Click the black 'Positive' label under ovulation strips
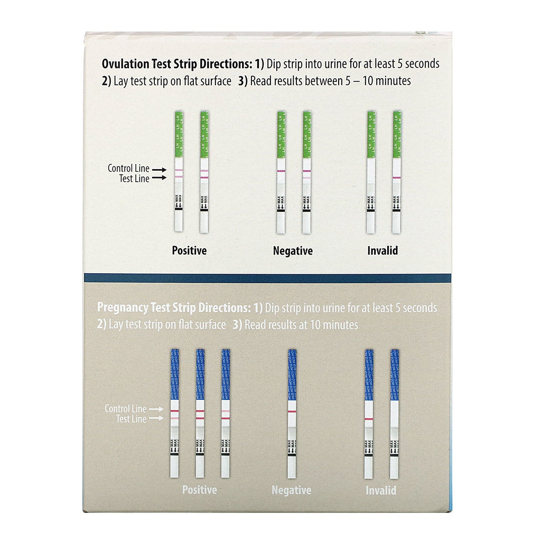[189, 250]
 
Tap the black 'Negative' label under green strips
[293, 250]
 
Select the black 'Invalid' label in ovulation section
[382, 250]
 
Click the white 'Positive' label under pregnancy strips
[199, 490]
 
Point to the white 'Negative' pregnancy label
[291, 490]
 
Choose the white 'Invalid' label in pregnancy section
[381, 490]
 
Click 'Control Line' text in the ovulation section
[128, 169]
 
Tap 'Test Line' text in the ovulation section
[134, 179]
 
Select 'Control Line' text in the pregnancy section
[125, 408]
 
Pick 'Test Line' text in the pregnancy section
[130, 419]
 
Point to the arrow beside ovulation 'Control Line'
[158, 169]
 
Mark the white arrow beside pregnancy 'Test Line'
[155, 419]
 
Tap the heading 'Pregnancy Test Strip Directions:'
[172, 307]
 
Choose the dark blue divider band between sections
[267, 278]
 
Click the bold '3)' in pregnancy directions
[237, 325]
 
